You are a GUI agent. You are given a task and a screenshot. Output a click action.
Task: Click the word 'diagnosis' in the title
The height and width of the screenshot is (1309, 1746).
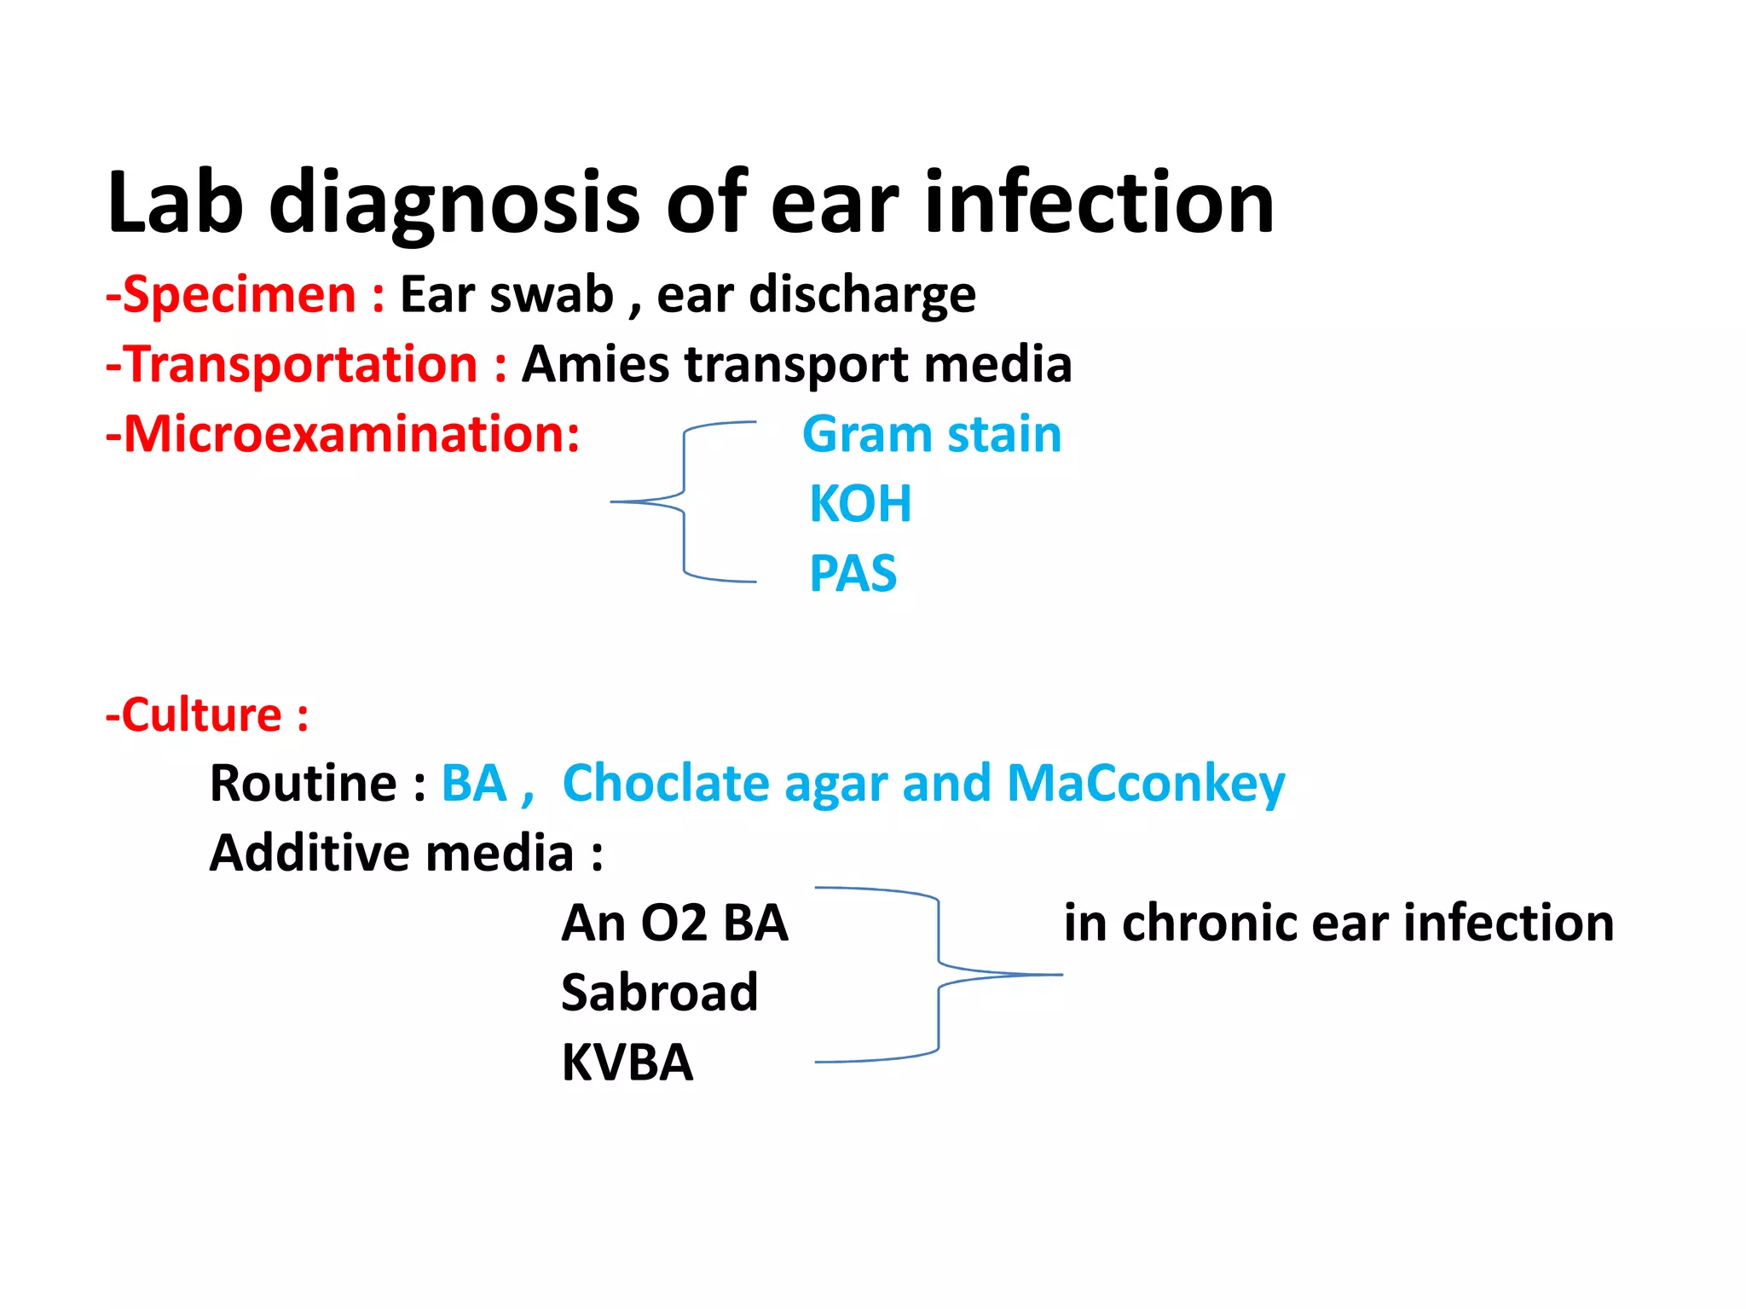454,203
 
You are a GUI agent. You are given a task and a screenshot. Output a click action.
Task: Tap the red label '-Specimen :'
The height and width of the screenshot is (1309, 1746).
245,295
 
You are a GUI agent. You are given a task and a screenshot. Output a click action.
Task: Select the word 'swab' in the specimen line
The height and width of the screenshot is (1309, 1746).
552,295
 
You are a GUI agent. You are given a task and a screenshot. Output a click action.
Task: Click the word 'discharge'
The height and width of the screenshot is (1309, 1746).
862,295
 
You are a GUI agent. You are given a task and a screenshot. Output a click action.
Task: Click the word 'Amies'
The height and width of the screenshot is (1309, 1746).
596,365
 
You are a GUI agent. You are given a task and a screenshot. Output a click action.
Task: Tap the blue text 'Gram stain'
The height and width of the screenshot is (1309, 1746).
932,434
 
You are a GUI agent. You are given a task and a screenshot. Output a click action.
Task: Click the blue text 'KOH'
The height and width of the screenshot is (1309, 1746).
860,504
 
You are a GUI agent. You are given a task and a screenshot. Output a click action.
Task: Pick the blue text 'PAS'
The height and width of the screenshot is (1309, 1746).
853,573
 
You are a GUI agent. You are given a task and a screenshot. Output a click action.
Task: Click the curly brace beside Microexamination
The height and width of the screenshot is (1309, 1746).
684,501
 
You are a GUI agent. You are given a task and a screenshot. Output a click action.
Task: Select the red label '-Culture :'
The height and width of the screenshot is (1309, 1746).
207,715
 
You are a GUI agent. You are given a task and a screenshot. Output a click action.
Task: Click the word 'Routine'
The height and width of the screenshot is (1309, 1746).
304,784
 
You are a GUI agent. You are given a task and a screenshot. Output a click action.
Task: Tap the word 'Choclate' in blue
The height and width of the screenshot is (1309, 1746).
666,784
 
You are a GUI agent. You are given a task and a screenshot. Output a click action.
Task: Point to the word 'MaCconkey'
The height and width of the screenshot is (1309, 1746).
1146,784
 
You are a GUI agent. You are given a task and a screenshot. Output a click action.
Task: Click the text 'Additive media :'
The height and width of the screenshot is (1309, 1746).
407,854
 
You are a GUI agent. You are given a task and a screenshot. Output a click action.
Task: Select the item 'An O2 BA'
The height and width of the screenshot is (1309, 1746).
674,924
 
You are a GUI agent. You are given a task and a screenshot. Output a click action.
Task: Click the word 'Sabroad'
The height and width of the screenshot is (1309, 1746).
659,993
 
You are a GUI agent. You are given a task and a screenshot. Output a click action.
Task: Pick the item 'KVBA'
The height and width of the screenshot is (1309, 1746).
627,1063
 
